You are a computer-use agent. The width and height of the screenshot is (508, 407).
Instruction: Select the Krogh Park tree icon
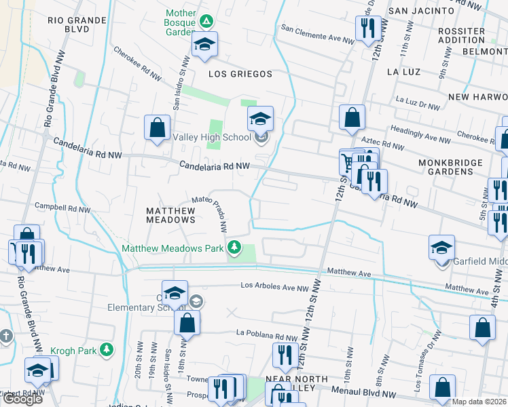106,349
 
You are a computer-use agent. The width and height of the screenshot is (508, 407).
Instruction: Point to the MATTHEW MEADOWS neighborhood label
171,215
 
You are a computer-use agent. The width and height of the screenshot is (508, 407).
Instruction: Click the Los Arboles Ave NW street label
275,287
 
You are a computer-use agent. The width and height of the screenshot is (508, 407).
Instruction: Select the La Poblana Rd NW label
267,336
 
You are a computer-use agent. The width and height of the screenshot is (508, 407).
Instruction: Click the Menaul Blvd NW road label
364,391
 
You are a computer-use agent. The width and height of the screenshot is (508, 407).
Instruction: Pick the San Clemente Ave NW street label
318,34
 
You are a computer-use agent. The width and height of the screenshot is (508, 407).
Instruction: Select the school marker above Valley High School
260,119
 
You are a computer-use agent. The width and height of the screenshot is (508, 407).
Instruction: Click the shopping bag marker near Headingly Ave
352,117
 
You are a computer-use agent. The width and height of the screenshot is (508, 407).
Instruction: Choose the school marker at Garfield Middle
441,247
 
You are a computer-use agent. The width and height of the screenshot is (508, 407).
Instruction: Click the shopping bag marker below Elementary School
187,323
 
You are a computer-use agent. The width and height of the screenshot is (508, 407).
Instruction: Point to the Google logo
22,399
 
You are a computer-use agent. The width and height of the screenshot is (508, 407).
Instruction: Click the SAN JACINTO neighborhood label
420,11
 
